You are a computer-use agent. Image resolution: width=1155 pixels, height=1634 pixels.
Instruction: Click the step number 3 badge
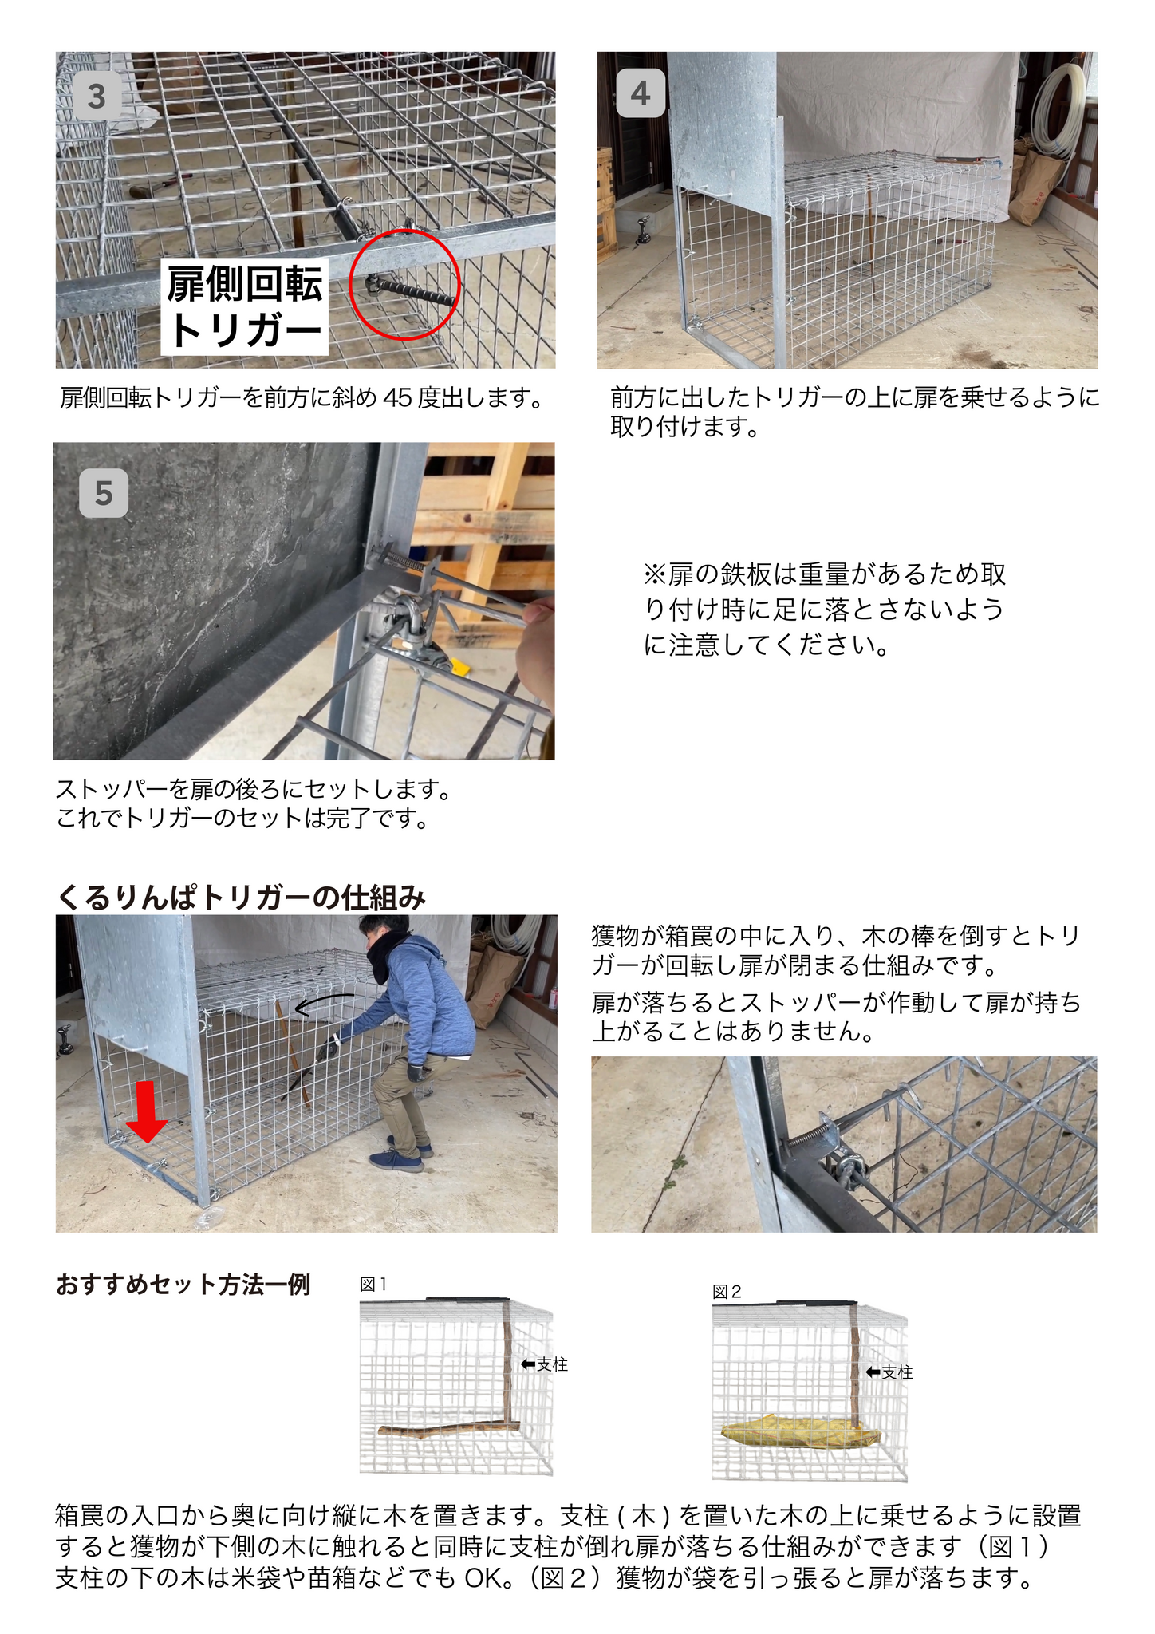pyautogui.click(x=97, y=97)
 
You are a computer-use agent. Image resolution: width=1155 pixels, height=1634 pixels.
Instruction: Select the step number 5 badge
pyautogui.click(x=104, y=493)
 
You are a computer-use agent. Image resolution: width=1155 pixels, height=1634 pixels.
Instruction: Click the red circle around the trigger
pyautogui.click(x=405, y=285)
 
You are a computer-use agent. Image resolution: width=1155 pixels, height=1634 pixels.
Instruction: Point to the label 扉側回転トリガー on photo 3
pyautogui.click(x=245, y=306)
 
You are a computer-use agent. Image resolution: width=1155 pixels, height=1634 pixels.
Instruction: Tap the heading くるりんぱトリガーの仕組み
pyautogui.click(x=241, y=898)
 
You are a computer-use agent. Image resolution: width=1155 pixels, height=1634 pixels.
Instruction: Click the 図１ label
pyautogui.click(x=373, y=1285)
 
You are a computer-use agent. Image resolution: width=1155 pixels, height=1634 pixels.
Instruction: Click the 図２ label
pyautogui.click(x=727, y=1293)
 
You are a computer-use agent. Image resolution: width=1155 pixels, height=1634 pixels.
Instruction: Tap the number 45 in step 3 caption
pyautogui.click(x=397, y=397)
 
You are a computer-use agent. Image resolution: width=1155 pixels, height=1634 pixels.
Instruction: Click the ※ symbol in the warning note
pyautogui.click(x=655, y=574)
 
